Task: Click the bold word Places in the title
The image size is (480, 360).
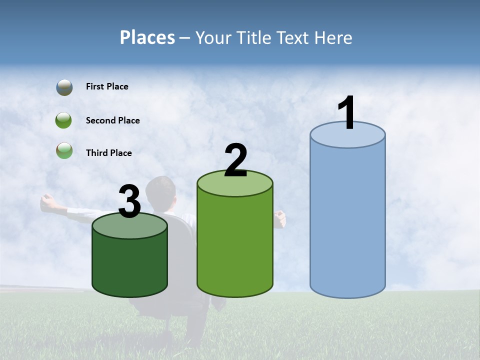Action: pos(147,37)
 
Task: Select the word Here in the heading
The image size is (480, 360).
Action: pos(334,37)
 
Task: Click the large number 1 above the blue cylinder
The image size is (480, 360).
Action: pos(346,113)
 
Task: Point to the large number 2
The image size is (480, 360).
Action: pos(235,160)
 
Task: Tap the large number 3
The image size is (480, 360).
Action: pos(130,202)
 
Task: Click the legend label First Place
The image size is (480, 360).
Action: pos(107,86)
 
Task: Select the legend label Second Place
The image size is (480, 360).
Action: pos(112,120)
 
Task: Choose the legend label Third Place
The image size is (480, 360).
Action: pos(109,153)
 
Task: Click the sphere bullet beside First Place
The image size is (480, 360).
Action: pos(64,87)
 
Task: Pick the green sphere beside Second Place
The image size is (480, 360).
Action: pos(64,120)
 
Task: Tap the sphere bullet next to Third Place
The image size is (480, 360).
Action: pos(64,150)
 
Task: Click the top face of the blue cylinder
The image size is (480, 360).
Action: pos(347,135)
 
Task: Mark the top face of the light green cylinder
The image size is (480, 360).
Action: pos(235,183)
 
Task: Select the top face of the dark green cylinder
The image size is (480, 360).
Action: pos(130,225)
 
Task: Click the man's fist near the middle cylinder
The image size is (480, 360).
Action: pos(279,218)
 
